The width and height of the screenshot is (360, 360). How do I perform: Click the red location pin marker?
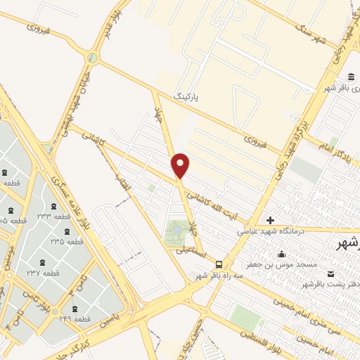[x=181, y=165]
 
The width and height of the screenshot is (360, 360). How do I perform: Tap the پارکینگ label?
[x=188, y=94]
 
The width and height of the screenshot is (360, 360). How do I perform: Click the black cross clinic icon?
[x=270, y=220]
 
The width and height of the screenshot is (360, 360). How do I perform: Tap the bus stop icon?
[x=219, y=265]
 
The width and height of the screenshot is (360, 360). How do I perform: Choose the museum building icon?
[x=349, y=77]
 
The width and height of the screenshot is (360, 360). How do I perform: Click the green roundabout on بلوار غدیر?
[x=91, y=58]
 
